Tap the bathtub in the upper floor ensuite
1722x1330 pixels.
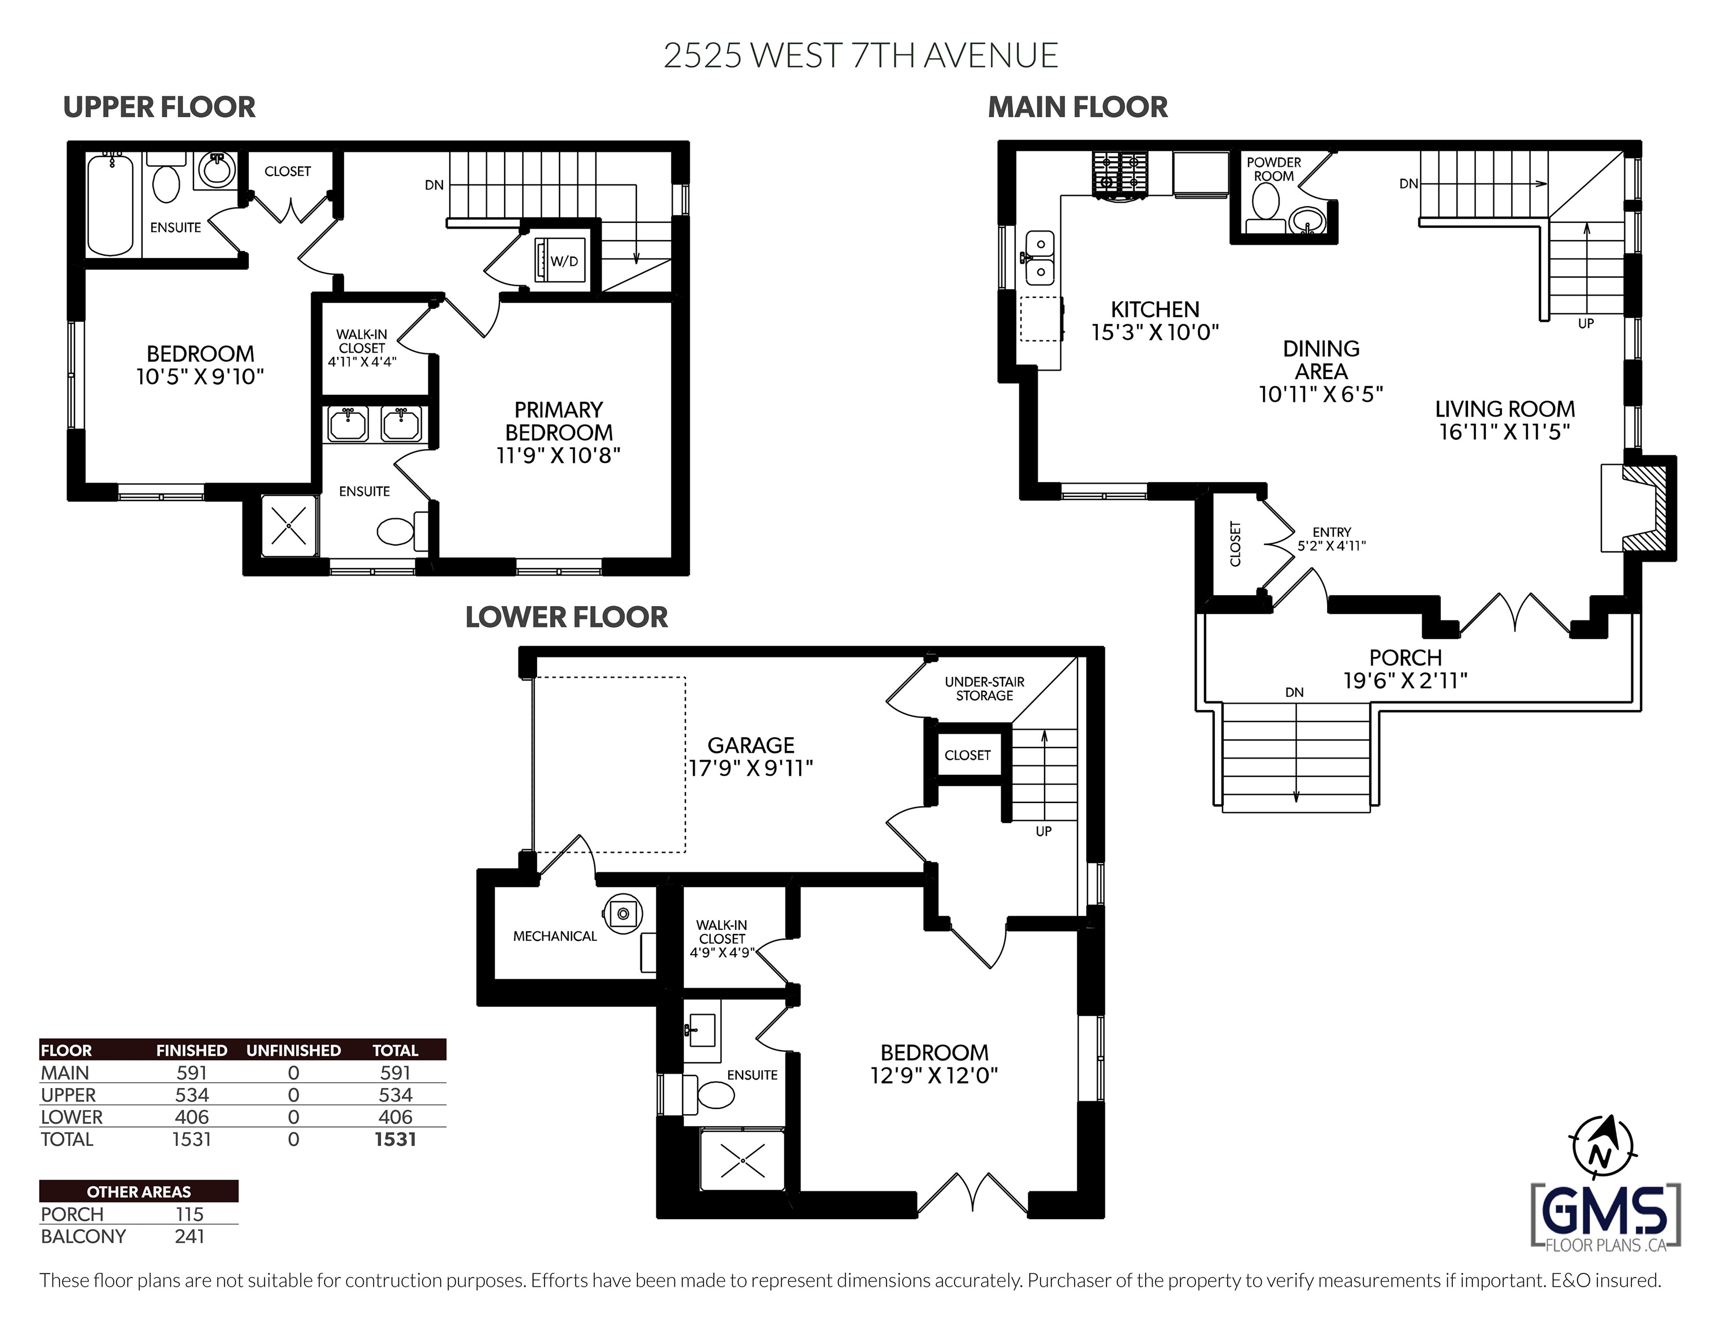[x=110, y=204]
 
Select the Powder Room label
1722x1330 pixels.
[x=1273, y=169]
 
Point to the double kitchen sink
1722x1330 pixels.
[x=1040, y=258]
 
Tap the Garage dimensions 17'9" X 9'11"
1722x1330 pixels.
[x=751, y=768]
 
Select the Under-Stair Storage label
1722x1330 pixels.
[x=985, y=688]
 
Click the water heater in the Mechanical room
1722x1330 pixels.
[x=623, y=914]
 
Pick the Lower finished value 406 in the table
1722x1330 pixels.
[x=192, y=1116]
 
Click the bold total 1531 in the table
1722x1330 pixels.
[x=395, y=1138]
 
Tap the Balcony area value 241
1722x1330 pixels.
[x=189, y=1236]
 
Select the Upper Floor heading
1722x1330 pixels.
[x=159, y=107]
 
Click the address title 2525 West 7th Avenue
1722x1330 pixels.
[x=860, y=55]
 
